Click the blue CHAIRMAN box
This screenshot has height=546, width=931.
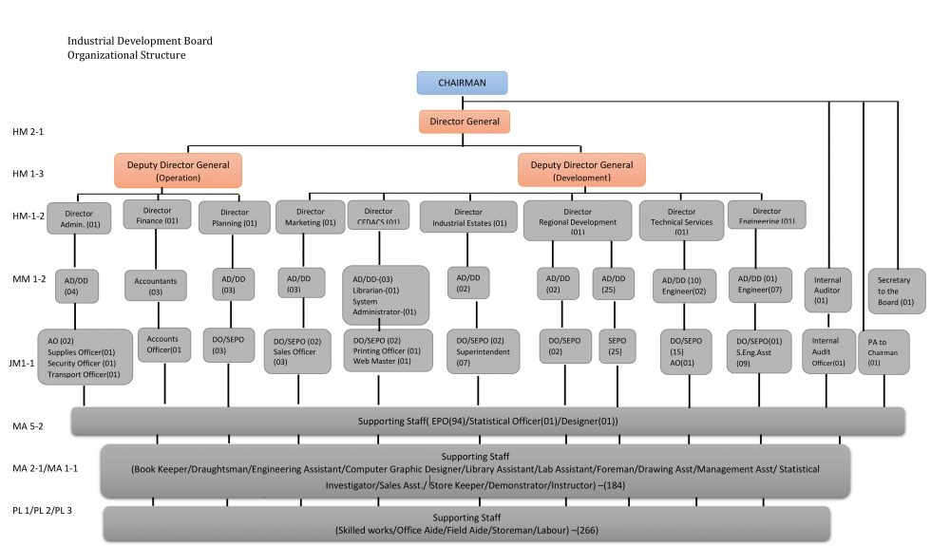pyautogui.click(x=462, y=84)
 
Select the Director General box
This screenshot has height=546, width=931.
pyautogui.click(x=465, y=122)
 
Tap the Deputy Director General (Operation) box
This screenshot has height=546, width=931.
pyautogui.click(x=179, y=171)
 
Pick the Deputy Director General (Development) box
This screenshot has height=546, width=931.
pyautogui.click(x=581, y=171)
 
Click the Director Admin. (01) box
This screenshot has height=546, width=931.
pyautogui.click(x=80, y=218)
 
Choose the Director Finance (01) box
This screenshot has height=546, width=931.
pyautogui.click(x=157, y=215)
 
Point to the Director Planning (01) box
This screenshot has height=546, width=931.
pyautogui.click(x=234, y=218)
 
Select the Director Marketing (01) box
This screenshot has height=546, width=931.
pyautogui.click(x=310, y=217)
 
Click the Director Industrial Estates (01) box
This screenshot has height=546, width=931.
pyautogui.click(x=468, y=218)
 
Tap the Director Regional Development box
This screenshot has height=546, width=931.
pyautogui.click(x=578, y=220)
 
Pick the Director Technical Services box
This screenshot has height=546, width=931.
pyautogui.click(x=681, y=220)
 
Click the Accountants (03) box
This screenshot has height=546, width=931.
pyautogui.click(x=156, y=287)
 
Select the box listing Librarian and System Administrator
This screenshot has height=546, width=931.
pyautogui.click(x=385, y=295)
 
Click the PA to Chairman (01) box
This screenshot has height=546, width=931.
pyautogui.click(x=883, y=351)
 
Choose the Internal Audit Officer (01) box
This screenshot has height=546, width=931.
pyautogui.click(x=828, y=351)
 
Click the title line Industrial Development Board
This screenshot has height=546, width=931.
pyautogui.click(x=140, y=41)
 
